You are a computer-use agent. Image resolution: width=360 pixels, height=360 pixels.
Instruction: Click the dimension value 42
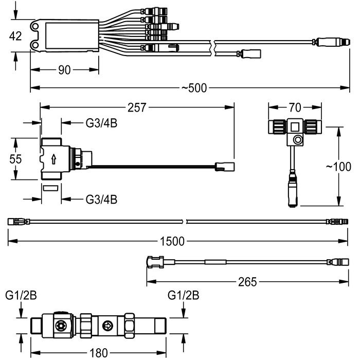pos(15,36)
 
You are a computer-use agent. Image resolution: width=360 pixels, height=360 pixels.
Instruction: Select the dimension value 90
pos(64,70)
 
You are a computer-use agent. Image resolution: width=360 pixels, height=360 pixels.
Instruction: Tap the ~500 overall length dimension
pos(194,88)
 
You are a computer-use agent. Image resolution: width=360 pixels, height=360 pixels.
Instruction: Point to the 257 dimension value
pos(137,107)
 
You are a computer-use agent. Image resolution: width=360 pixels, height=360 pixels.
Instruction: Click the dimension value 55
pos(15,159)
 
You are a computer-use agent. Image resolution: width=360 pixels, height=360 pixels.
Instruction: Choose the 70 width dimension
pos(295,107)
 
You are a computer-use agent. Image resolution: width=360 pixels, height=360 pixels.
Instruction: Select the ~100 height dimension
pos(338,167)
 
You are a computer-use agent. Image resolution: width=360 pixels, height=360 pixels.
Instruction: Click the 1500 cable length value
pos(172,241)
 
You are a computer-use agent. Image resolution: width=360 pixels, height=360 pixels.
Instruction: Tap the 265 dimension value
pos(247,282)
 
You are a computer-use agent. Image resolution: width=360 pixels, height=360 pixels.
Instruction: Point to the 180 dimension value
pos(99,353)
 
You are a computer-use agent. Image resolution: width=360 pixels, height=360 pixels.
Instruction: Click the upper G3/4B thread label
pos(101,123)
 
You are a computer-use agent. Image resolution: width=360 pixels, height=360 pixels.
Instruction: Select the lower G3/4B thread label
pos(101,200)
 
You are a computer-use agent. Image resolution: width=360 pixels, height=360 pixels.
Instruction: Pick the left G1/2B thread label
pos(21,295)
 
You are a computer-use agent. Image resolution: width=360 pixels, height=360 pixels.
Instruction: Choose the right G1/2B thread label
pos(183,295)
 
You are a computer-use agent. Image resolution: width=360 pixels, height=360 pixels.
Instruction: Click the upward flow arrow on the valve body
pos(53,159)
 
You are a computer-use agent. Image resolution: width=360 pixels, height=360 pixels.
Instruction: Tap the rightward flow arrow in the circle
pos(107,326)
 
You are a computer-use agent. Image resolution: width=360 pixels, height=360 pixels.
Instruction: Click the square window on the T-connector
pos(295,127)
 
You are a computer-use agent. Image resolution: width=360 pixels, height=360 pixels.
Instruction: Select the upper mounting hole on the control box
pos(35,26)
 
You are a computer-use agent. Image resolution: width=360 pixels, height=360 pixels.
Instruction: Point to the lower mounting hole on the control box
pos(35,44)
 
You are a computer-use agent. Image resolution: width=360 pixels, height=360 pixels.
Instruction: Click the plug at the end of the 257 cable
pos(225,167)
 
